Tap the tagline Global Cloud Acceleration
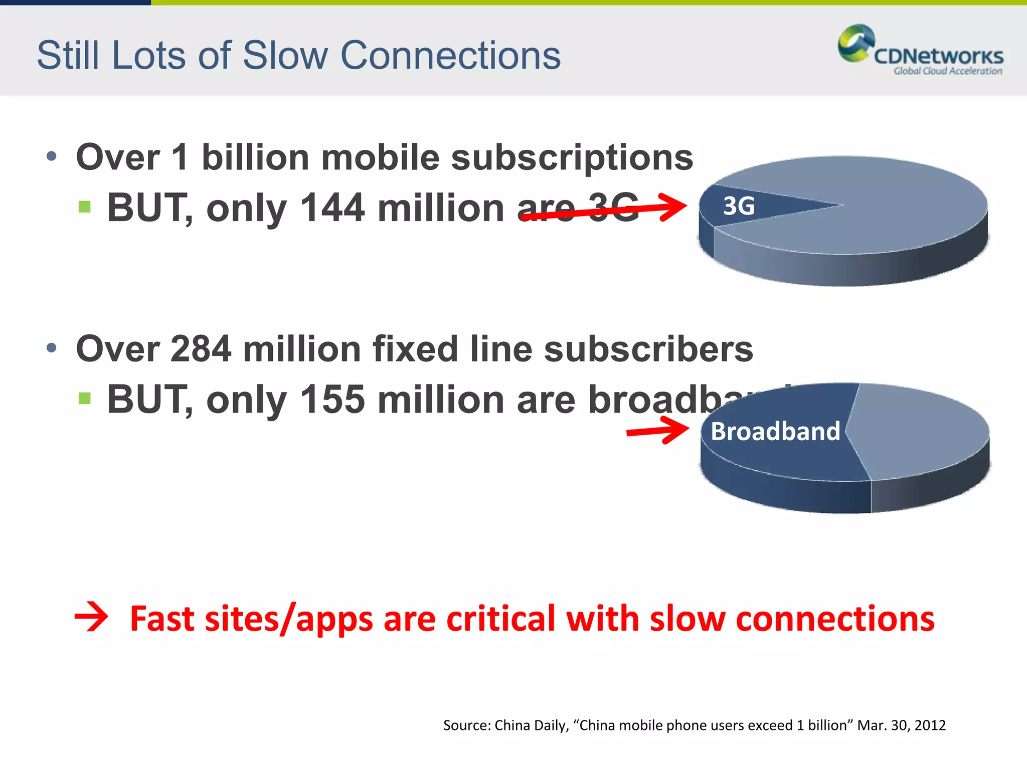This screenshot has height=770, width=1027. (x=947, y=71)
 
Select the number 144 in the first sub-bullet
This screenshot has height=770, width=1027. (x=332, y=208)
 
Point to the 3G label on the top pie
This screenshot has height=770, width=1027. (x=739, y=206)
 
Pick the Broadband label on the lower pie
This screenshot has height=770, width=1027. (x=775, y=431)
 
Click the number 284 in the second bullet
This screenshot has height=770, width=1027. (x=201, y=349)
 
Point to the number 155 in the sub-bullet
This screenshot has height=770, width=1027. (x=332, y=400)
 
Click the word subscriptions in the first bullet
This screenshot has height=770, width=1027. (x=572, y=157)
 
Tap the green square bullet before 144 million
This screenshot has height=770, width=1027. (x=85, y=207)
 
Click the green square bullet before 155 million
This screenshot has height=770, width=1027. (x=85, y=399)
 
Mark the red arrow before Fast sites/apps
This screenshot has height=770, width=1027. (x=91, y=617)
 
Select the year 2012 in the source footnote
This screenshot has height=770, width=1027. (x=930, y=725)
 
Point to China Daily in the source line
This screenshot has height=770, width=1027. (x=532, y=725)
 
